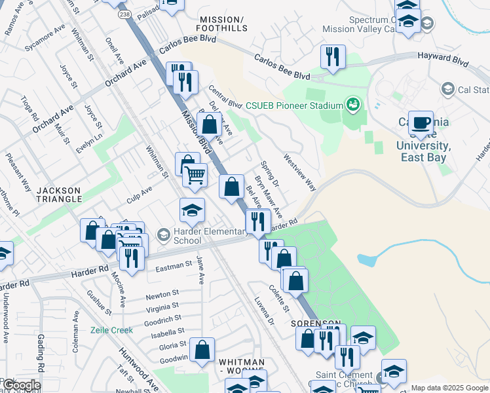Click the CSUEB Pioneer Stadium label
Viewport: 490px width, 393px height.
294,105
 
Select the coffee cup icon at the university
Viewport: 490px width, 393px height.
421,123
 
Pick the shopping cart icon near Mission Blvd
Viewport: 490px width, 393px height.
195,175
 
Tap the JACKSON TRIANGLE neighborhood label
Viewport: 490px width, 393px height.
58,195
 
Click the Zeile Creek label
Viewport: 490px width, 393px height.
112,330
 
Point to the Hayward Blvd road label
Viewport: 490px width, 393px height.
442,64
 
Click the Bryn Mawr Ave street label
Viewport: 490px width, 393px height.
269,196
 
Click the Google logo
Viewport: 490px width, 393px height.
22,385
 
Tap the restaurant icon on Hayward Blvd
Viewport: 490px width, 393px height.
333,58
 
